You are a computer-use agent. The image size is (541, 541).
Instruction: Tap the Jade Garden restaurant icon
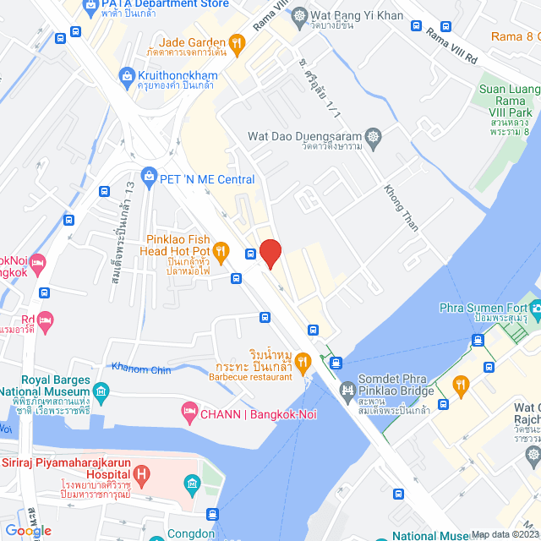click(238, 42)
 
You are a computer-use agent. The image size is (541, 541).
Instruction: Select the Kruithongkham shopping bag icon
click(128, 76)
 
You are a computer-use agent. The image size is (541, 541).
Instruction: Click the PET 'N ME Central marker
click(150, 178)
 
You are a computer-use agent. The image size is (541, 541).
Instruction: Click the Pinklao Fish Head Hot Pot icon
click(221, 249)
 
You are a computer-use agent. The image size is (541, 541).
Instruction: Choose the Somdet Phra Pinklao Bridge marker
click(347, 390)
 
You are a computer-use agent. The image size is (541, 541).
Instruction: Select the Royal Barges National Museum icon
click(101, 391)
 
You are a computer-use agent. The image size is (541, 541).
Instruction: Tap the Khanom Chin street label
click(141, 369)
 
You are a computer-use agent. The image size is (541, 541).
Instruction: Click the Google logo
click(27, 530)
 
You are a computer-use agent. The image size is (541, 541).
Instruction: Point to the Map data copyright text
click(504, 533)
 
